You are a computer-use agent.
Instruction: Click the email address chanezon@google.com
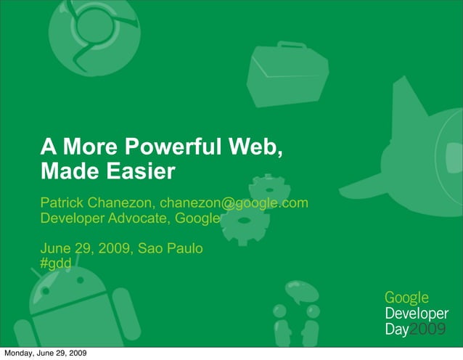[x=234, y=202]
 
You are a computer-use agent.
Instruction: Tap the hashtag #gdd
[x=55, y=263]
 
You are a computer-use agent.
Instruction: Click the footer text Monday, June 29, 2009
[x=45, y=353]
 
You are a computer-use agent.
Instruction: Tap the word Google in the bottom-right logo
[x=406, y=298]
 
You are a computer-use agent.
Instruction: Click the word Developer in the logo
[x=416, y=314]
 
